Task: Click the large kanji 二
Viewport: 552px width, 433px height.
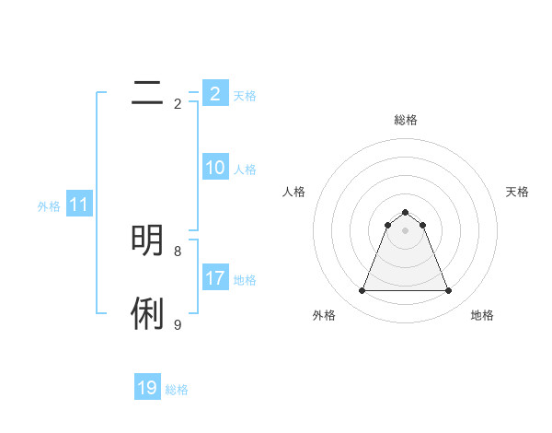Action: [x=146, y=92]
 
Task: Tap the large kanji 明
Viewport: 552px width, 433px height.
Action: [x=147, y=240]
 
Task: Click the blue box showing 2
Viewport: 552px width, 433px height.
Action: [x=214, y=93]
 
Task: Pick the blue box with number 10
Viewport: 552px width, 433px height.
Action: [x=214, y=168]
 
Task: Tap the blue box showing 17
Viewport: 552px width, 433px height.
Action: [x=214, y=278]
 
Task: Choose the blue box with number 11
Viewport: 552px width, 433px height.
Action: [x=79, y=205]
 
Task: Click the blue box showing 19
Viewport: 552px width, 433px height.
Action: [x=147, y=388]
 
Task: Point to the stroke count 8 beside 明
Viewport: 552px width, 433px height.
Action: [x=178, y=251]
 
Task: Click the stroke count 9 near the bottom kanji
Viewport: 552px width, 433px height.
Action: [x=178, y=324]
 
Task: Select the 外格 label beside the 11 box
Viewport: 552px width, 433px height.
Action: [x=49, y=206]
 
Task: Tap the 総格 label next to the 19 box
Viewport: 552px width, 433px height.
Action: [x=177, y=390]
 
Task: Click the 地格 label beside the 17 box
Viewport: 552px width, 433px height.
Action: [x=245, y=280]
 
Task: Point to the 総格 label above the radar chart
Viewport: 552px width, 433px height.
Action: [x=405, y=120]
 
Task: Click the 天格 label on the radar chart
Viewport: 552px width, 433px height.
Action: [x=517, y=192]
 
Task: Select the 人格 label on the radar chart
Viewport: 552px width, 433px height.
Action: [x=293, y=192]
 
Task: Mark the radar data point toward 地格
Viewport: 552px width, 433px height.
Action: [x=448, y=291]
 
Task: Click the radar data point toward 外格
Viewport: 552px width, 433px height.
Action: [x=362, y=291]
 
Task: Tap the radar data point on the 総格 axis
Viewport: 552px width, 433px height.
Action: [x=405, y=213]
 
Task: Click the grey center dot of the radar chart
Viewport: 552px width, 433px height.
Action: [x=405, y=230]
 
